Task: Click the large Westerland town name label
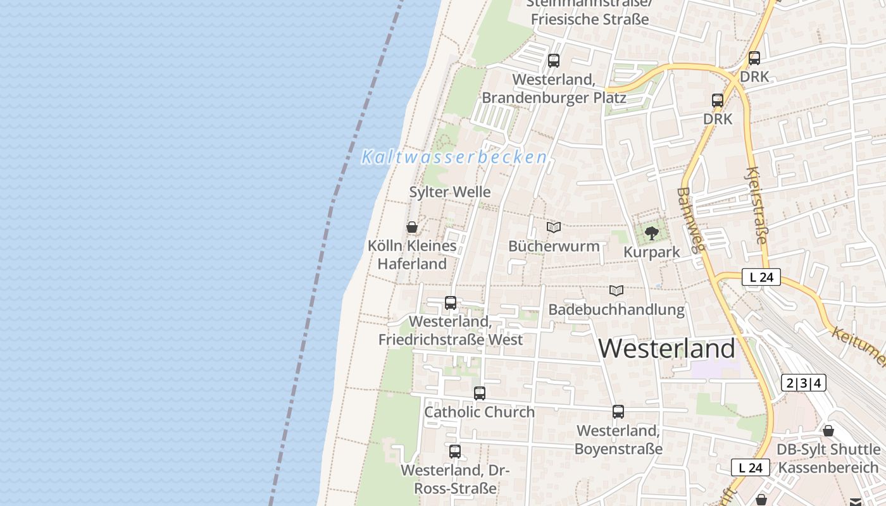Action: point(666,349)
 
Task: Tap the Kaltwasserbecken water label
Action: point(454,157)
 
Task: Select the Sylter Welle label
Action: point(450,192)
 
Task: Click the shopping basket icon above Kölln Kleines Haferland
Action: point(412,227)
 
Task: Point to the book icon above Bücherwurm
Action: point(554,227)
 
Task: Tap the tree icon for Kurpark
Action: point(651,233)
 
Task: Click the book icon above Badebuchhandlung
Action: point(616,290)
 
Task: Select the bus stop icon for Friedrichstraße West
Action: point(451,303)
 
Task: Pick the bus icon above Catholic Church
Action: point(480,393)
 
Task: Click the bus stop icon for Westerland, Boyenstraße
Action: point(618,412)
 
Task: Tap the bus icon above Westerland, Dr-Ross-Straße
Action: point(455,452)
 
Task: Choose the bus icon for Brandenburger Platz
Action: point(554,61)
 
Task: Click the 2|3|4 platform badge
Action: point(804,383)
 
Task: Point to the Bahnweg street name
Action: point(690,219)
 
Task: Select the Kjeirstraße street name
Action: point(757,205)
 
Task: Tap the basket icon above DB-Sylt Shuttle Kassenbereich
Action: point(828,431)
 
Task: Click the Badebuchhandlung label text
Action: point(616,310)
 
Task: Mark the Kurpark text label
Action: point(651,252)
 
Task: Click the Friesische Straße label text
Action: point(590,19)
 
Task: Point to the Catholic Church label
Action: point(479,412)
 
